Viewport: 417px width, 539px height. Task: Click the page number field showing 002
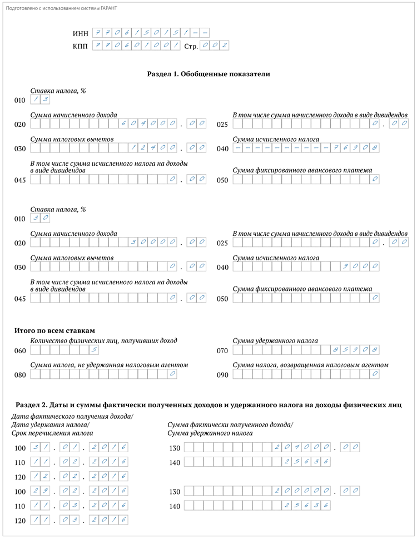(214, 46)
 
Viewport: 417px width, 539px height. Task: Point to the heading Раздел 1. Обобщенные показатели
(209, 73)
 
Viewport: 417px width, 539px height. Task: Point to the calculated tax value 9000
(361, 266)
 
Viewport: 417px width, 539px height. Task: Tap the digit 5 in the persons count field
(95, 350)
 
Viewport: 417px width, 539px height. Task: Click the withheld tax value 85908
(356, 350)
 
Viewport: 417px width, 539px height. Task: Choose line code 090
(222, 375)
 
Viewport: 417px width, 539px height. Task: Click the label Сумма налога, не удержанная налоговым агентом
(109, 365)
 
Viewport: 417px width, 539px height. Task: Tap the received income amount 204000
(300, 447)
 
